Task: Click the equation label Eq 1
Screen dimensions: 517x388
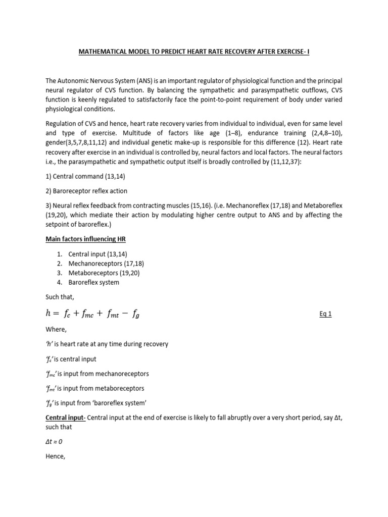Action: tap(326, 314)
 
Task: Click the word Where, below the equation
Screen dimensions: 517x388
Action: tap(56, 329)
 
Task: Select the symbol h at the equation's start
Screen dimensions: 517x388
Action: tap(49, 313)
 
